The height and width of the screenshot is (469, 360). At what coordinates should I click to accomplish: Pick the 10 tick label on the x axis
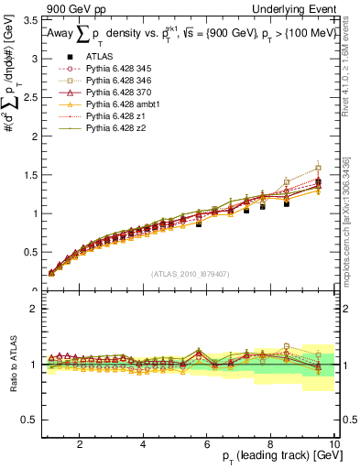(335, 444)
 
